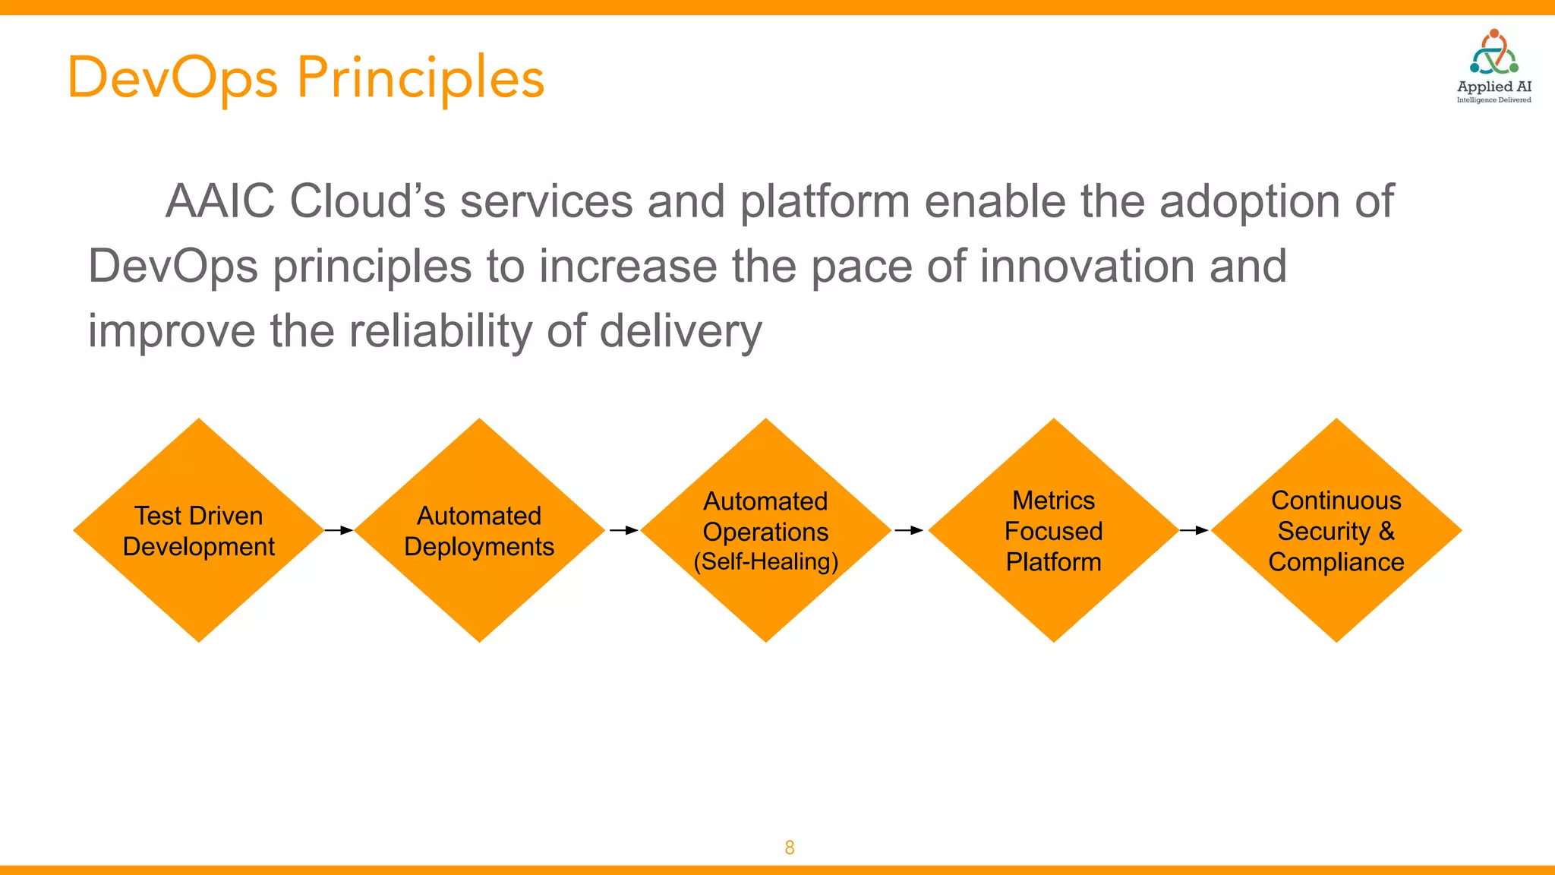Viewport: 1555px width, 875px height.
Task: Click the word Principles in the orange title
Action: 420,79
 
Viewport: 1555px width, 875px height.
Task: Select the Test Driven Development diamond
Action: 199,530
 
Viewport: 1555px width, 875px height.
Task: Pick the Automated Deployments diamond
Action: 479,530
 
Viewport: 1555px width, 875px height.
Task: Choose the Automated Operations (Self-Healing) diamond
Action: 765,530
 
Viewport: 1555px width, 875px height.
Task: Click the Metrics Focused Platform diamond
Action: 1053,530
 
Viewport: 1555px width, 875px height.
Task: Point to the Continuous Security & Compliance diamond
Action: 1336,530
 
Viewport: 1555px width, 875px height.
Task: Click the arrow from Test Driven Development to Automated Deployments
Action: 339,530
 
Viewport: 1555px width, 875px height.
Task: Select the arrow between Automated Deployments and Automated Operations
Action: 623,530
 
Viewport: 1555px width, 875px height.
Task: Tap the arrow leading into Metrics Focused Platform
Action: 909,530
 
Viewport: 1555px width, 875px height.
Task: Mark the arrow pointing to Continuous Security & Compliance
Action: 1194,530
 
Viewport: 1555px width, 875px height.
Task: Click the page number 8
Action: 790,848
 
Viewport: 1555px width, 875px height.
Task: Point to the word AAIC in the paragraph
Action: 219,202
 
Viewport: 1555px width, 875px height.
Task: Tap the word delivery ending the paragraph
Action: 680,332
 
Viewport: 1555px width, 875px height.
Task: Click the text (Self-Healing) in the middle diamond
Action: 765,562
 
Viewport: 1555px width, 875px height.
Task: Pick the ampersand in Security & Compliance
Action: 1387,531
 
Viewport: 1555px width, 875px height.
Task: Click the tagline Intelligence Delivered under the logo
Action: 1493,100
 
